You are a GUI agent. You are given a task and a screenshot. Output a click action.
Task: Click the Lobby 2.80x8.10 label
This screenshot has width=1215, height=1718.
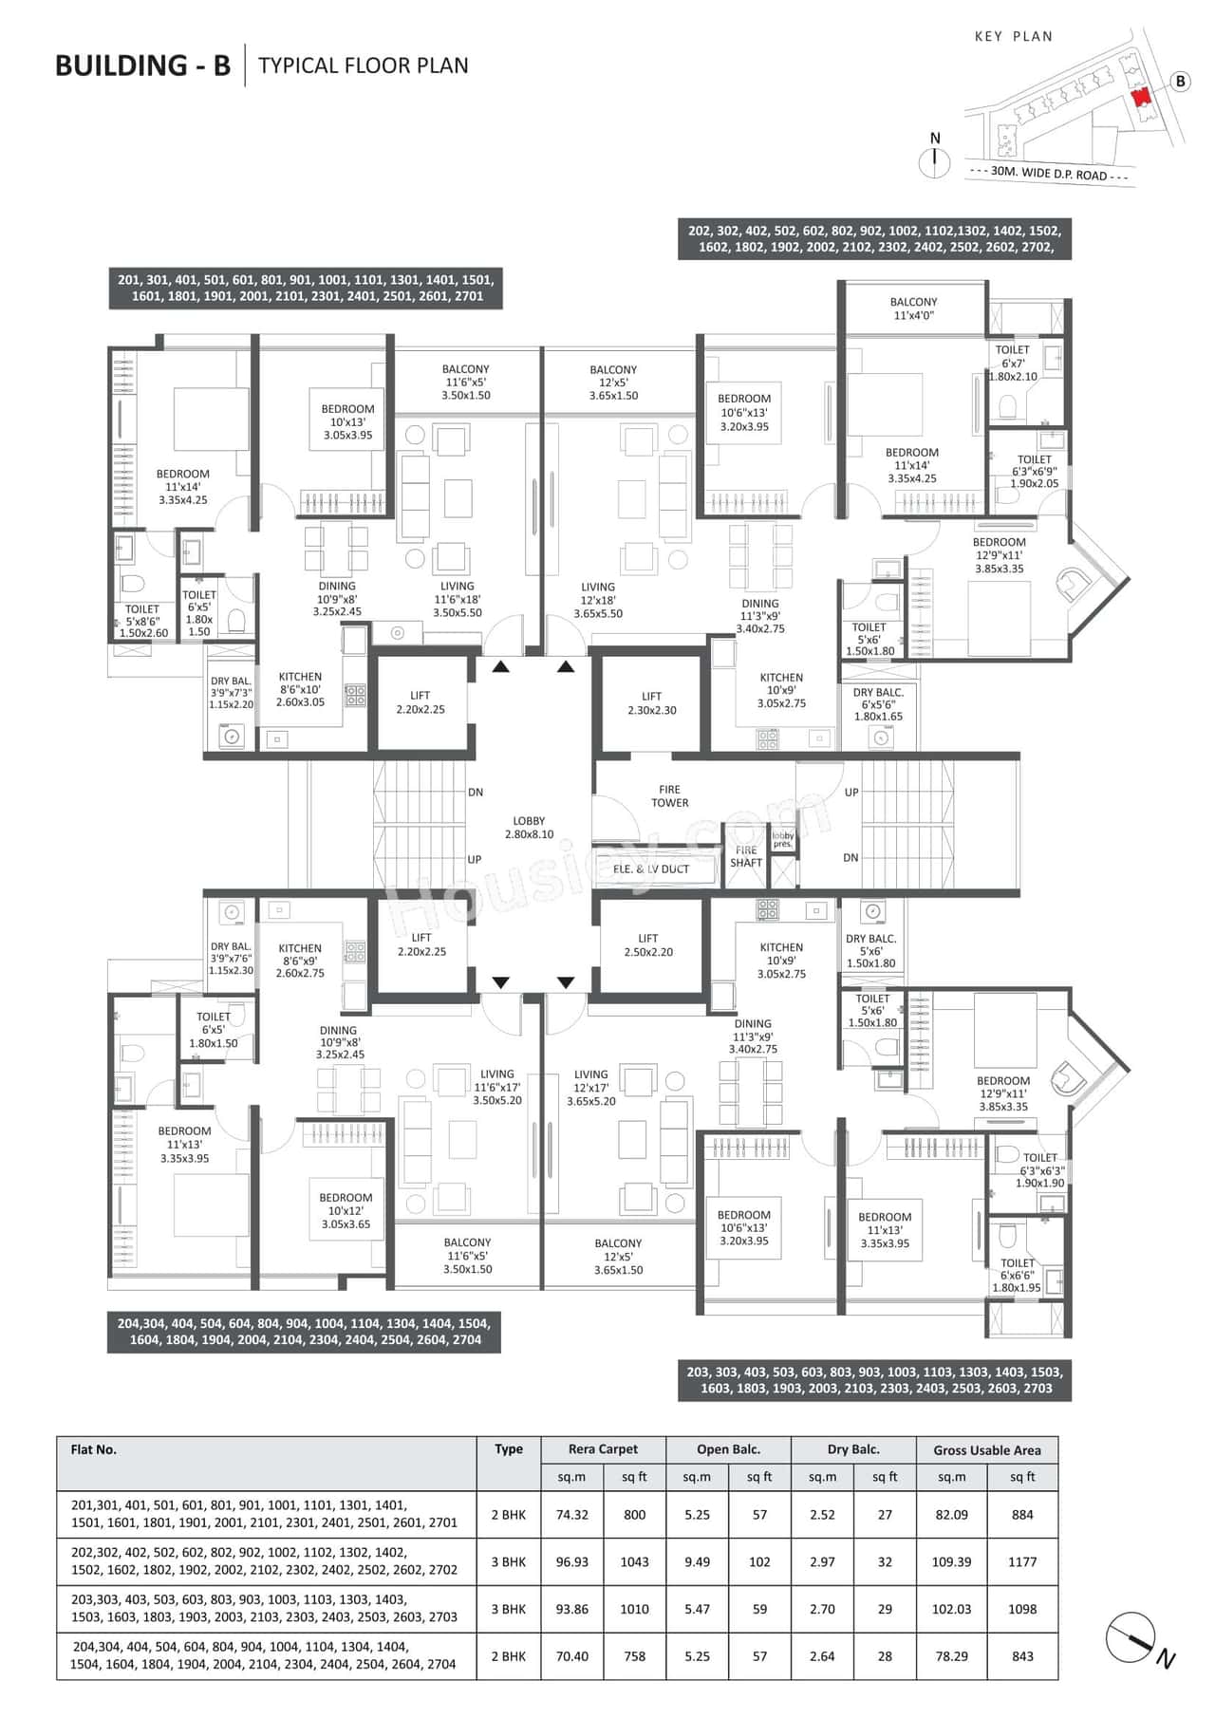click(x=529, y=828)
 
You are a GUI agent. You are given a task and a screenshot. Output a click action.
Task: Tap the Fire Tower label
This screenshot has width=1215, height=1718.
click(x=669, y=796)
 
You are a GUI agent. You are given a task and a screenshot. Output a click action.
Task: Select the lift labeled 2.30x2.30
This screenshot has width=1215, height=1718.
click(x=651, y=703)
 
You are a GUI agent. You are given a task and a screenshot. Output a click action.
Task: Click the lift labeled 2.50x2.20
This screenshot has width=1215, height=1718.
click(x=648, y=944)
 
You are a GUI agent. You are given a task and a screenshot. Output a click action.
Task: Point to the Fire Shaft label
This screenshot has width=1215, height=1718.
click(x=746, y=856)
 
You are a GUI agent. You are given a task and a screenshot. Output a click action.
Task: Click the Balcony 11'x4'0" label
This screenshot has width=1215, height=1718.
click(x=914, y=308)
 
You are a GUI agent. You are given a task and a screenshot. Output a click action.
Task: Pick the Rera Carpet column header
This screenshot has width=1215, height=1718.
click(x=603, y=1449)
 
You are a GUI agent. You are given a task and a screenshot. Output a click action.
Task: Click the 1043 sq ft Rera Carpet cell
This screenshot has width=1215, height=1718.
click(x=634, y=1561)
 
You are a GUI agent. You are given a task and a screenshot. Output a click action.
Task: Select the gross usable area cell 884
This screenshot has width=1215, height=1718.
click(x=1022, y=1515)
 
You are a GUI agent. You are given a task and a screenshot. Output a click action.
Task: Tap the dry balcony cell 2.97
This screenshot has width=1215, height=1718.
click(x=822, y=1561)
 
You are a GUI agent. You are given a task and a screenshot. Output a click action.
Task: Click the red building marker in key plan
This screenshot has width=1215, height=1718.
click(x=1141, y=97)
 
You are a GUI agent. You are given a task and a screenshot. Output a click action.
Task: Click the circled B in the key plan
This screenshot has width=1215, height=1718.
click(x=1180, y=82)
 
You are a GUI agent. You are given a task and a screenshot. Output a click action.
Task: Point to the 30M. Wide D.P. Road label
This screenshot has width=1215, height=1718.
click(x=1049, y=174)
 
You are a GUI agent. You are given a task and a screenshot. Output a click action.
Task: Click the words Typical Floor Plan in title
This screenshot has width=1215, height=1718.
click(x=364, y=65)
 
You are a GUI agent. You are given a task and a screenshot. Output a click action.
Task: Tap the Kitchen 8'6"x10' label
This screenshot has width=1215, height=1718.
click(x=300, y=689)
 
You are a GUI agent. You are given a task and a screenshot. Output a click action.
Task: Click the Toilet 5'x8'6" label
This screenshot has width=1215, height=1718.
click(x=142, y=621)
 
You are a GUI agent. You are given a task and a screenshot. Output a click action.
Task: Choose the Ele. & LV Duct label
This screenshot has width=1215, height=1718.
click(x=651, y=868)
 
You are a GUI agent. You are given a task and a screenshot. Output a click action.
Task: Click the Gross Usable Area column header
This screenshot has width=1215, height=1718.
click(x=986, y=1450)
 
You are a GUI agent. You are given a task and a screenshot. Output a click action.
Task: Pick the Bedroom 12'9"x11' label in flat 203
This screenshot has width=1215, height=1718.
click(x=1003, y=1093)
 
